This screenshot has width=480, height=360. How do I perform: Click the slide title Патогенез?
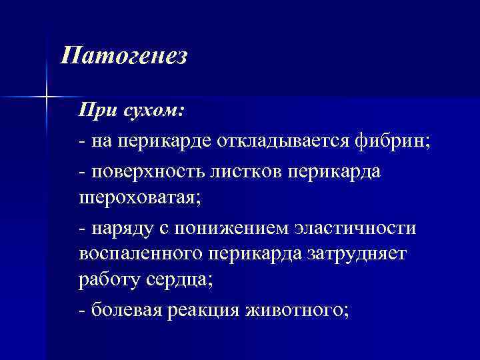pos(123,56)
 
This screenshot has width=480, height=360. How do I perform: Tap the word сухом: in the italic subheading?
pos(151,111)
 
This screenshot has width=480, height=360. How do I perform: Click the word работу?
pos(108,281)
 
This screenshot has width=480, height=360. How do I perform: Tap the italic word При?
pos(97,111)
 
